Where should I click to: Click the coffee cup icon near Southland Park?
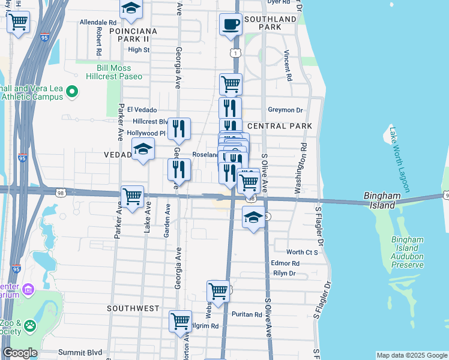pyautogui.click(x=231, y=25)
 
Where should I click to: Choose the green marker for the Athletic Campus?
pyautogui.click(x=72, y=92)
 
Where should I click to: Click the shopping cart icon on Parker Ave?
pyautogui.click(x=132, y=196)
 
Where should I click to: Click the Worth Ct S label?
pyautogui.click(x=302, y=253)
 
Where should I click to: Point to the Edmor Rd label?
pyautogui.click(x=285, y=263)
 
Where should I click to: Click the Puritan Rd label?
pyautogui.click(x=249, y=314)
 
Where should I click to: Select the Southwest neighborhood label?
pyautogui.click(x=133, y=308)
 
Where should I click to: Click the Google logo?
pyautogui.click(x=20, y=353)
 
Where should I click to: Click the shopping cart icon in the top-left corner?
pyautogui.click(x=18, y=23)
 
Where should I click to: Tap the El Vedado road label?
pyautogui.click(x=142, y=110)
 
